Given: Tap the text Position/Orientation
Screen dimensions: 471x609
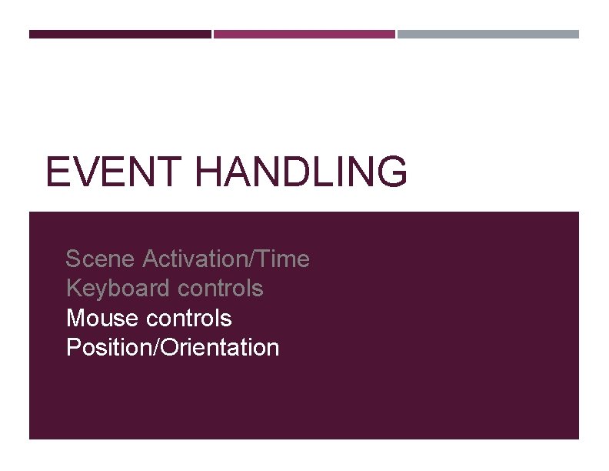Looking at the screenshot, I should [173, 348].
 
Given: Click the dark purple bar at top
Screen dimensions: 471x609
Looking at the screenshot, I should [120, 34].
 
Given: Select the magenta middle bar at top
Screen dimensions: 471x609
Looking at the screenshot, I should [304, 34].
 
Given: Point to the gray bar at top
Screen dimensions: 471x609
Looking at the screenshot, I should [488, 34].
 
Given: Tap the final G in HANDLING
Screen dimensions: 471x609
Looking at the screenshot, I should [392, 172].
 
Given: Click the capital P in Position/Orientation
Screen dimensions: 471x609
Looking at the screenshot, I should [74, 348].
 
